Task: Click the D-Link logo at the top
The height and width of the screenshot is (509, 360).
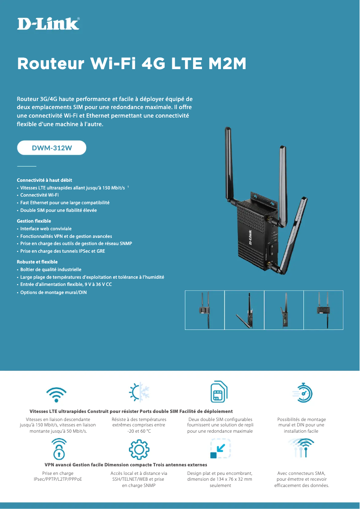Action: point(48,24)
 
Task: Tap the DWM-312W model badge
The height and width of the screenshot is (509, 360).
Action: point(52,148)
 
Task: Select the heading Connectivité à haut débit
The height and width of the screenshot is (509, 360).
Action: point(44,180)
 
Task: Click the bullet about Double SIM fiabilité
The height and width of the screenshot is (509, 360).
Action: point(58,210)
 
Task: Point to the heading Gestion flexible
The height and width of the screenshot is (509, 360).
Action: point(34,221)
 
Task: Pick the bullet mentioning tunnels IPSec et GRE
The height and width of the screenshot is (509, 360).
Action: point(62,251)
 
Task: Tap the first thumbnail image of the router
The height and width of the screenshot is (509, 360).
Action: point(205,310)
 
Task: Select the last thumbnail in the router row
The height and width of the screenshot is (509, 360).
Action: point(323,310)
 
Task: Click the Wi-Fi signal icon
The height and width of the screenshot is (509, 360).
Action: point(57,395)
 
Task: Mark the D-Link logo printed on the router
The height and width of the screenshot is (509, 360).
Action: point(263,233)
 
